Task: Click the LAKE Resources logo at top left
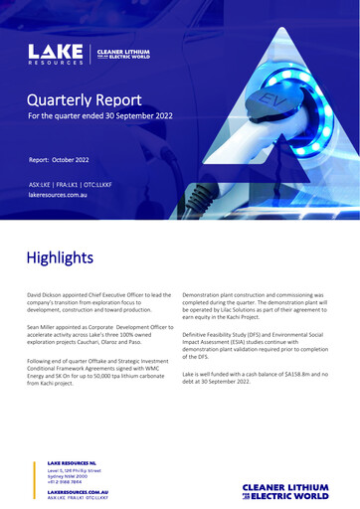57,53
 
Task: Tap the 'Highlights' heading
60,257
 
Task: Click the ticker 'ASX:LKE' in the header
42,186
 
